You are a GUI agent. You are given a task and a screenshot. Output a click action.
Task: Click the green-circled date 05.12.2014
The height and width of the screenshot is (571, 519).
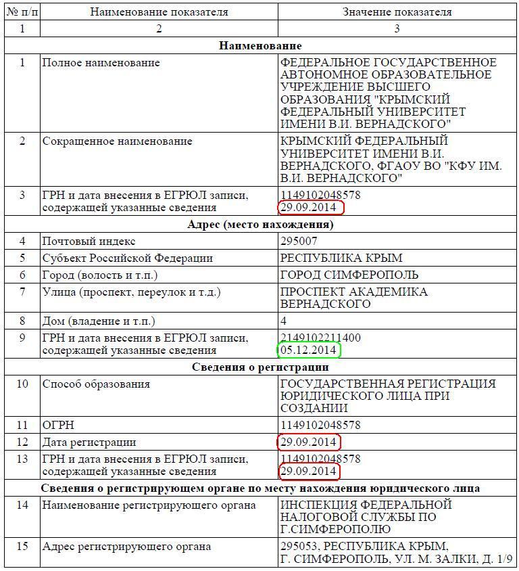pos(308,350)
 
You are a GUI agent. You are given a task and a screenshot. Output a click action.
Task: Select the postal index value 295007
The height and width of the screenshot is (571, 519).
pos(299,242)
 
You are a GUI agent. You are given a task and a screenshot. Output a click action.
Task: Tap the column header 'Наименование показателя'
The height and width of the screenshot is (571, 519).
pos(159,12)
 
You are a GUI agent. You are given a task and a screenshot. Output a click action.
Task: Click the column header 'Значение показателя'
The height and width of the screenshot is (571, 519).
pos(397,12)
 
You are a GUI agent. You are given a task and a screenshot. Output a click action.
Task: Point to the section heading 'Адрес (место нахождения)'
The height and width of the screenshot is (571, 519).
pos(260,225)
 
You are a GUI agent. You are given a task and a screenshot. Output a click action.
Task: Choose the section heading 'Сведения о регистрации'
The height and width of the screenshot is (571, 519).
pos(260,367)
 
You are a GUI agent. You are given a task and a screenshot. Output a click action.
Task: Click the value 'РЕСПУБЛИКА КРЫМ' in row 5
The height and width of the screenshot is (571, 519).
pos(341,258)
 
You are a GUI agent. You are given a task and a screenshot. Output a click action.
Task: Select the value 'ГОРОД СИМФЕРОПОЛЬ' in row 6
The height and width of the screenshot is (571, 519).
pos(349,275)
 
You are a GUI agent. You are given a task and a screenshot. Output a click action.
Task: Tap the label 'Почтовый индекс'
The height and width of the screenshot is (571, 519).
pos(89,242)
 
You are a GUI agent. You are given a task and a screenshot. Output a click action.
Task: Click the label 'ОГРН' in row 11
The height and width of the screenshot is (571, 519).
pos(58,426)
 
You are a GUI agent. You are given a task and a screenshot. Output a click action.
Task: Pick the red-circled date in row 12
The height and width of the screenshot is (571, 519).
pos(308,442)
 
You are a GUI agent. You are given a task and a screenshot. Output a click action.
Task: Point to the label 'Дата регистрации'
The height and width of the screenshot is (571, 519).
pos(89,442)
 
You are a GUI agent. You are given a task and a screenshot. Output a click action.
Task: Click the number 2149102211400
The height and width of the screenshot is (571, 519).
pos(320,338)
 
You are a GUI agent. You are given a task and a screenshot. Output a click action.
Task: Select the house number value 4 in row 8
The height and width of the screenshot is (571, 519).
pos(284,321)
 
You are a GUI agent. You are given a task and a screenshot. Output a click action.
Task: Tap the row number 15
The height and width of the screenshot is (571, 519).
pos(22,546)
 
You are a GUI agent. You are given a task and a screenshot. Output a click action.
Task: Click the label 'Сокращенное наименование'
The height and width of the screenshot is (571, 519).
pos(117,141)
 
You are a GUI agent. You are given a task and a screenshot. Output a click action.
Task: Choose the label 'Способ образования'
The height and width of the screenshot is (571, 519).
pos(96,384)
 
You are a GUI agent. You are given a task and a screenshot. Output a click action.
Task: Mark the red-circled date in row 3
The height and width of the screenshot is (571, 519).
pos(308,207)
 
